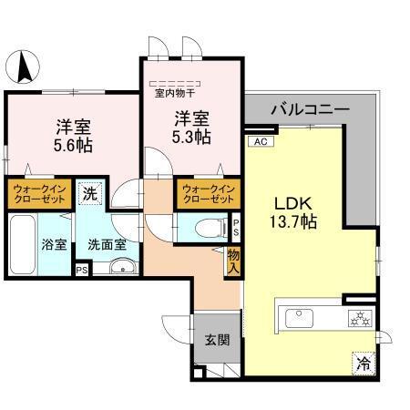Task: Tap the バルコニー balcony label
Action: click(309, 109)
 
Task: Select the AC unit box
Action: click(258, 141)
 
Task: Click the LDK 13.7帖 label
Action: click(292, 211)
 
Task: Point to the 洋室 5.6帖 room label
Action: click(73, 135)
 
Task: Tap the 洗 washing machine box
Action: click(89, 193)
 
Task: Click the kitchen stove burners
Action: click(358, 318)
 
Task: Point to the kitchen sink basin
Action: click(301, 318)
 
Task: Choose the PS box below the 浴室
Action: click(81, 270)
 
